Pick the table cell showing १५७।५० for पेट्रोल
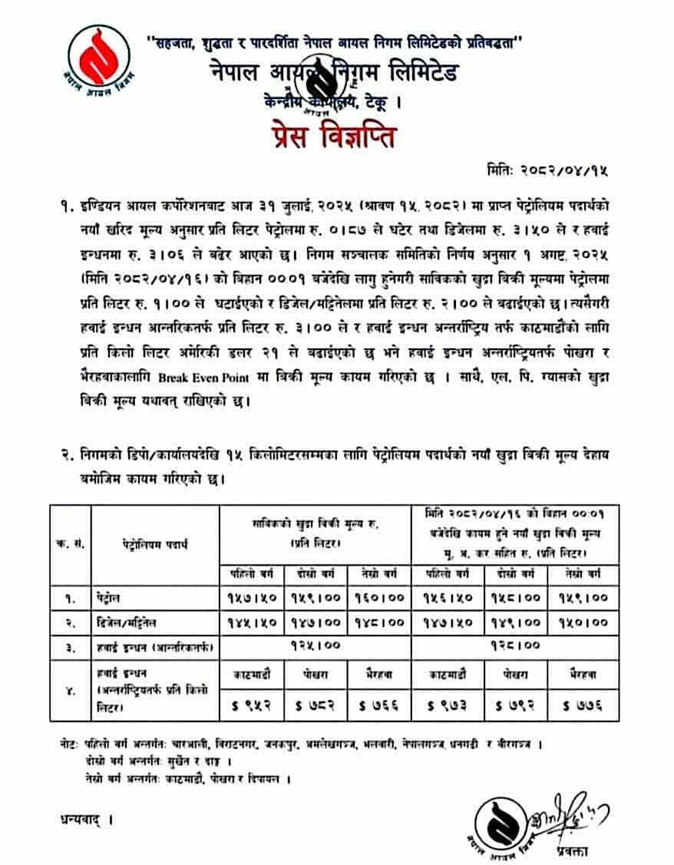coord(252,596)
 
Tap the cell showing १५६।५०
coord(443,596)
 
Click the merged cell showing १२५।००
coord(315,646)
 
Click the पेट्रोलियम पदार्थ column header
coord(154,543)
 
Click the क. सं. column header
coord(70,543)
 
